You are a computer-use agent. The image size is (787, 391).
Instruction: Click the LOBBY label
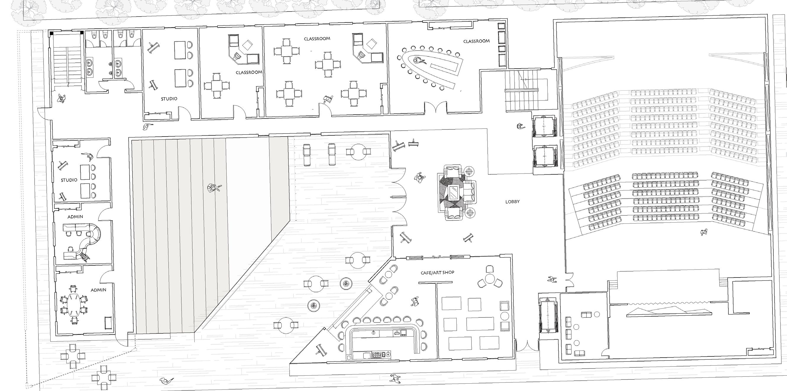click(512, 202)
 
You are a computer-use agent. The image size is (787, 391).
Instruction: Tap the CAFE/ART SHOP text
click(437, 272)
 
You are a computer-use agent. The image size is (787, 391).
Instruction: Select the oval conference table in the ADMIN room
click(73, 304)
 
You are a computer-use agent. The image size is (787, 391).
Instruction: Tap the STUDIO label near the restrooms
click(169, 99)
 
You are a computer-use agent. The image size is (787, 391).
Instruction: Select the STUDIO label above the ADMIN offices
click(69, 180)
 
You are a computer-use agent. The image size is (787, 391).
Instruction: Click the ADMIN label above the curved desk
click(75, 217)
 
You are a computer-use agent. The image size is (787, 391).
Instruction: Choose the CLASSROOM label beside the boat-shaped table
click(476, 41)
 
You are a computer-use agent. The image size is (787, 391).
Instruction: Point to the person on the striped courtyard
click(214, 188)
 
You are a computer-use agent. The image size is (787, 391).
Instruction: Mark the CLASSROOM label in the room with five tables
click(317, 39)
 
